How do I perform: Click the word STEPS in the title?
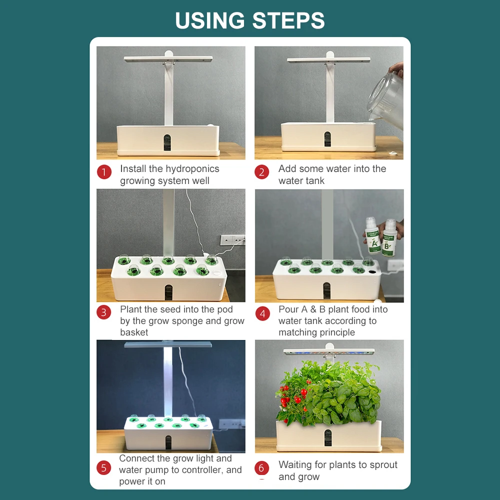288,20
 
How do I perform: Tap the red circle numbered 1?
104,172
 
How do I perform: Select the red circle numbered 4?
262,314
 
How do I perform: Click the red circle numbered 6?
261,468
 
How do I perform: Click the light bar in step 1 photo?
168,59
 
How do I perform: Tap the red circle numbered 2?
261,172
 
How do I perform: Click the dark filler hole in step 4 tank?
373,271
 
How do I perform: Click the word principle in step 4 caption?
336,332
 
